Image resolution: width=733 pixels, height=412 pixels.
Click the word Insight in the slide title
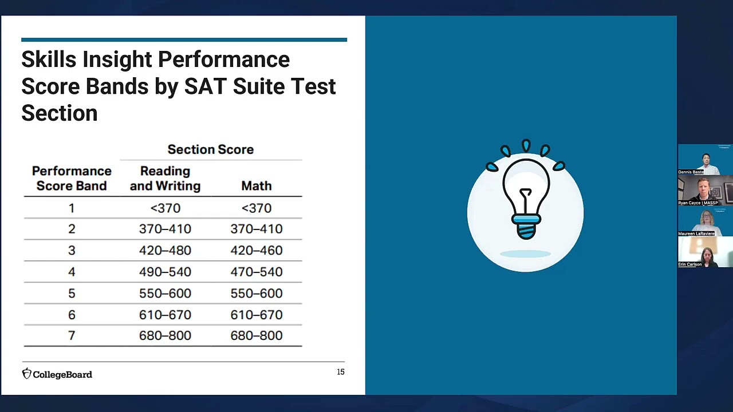coord(117,60)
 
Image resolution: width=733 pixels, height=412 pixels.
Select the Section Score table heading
coord(210,149)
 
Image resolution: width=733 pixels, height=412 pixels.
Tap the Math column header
coord(256,186)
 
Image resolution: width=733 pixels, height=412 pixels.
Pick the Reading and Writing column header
coord(165,179)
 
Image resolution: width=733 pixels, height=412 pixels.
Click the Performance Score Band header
coord(72,179)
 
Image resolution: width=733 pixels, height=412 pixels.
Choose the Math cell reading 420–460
coord(256,251)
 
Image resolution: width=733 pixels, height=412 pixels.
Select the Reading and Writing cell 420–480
coord(165,251)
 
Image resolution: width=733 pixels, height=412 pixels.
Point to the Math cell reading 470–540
coord(256,272)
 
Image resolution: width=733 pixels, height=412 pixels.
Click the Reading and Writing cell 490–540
coord(165,272)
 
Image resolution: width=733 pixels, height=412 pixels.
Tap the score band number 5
coord(72,294)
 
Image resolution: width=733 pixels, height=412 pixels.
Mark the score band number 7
coord(72,336)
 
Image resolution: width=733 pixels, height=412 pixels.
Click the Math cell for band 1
coord(256,208)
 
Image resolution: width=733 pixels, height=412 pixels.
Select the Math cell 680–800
coord(256,336)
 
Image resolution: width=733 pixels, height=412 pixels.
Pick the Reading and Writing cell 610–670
coord(165,315)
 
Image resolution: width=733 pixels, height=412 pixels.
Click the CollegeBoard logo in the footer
coord(57,374)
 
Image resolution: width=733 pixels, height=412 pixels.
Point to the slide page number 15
coord(341,372)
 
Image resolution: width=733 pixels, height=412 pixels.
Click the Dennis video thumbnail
coord(706,160)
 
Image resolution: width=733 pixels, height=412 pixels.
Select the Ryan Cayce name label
coord(697,203)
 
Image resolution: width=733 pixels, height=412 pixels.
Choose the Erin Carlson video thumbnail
coord(706,252)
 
